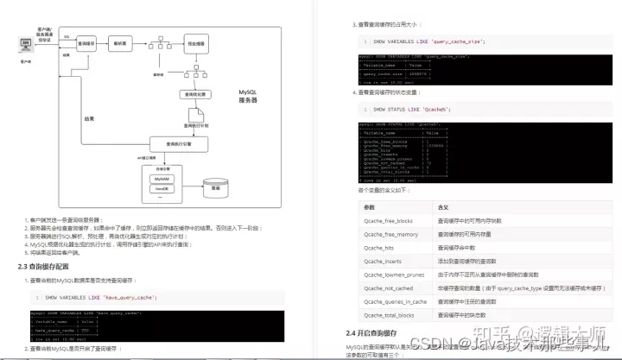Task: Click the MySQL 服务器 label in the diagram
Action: (247, 97)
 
